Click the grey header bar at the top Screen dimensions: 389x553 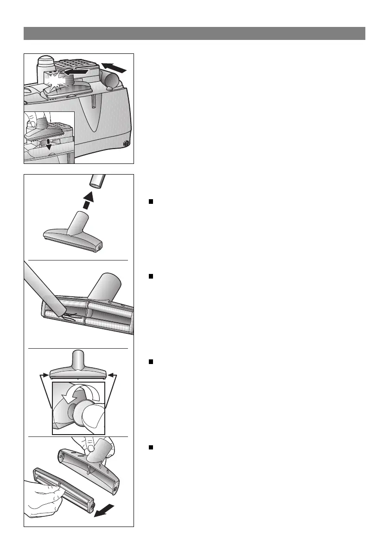pos(194,33)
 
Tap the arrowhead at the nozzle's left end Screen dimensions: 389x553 pos(46,373)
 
